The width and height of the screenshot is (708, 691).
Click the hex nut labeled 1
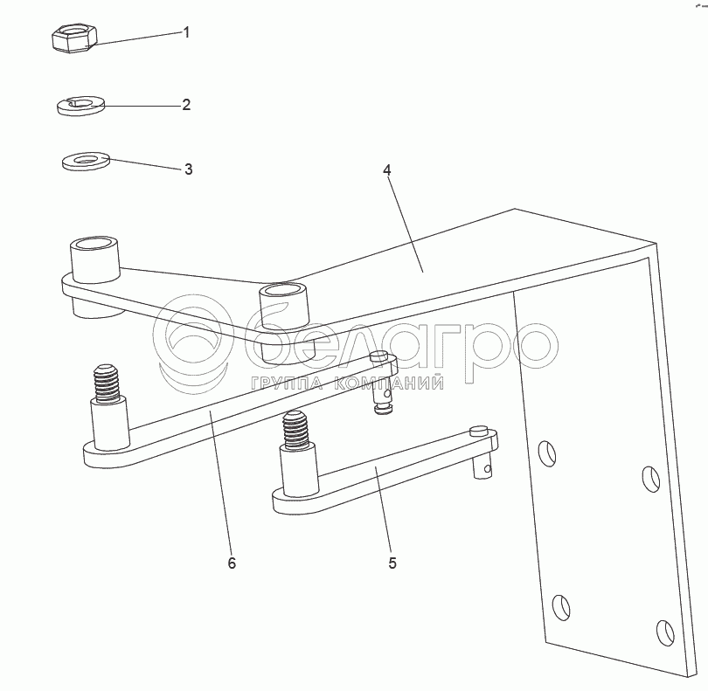tap(74, 38)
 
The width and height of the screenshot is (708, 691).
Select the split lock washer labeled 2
tap(80, 106)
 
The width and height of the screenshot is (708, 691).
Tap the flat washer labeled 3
tap(86, 161)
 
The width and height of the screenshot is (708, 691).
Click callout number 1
tap(186, 32)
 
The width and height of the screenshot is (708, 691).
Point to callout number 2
tap(186, 105)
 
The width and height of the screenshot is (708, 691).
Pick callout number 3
tap(188, 169)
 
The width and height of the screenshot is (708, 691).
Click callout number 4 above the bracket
tap(387, 170)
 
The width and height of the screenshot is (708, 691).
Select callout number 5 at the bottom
tap(392, 563)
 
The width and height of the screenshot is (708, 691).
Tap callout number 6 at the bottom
tap(232, 563)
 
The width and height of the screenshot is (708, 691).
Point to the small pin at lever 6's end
tap(383, 384)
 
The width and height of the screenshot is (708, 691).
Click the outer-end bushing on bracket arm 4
tap(94, 276)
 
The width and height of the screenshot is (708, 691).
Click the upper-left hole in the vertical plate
tap(547, 453)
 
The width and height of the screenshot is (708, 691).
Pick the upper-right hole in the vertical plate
tap(651, 479)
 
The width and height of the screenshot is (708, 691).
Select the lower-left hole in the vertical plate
tap(561, 607)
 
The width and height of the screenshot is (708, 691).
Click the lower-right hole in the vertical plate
tap(666, 632)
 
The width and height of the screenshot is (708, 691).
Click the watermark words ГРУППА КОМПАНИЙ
tap(347, 384)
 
